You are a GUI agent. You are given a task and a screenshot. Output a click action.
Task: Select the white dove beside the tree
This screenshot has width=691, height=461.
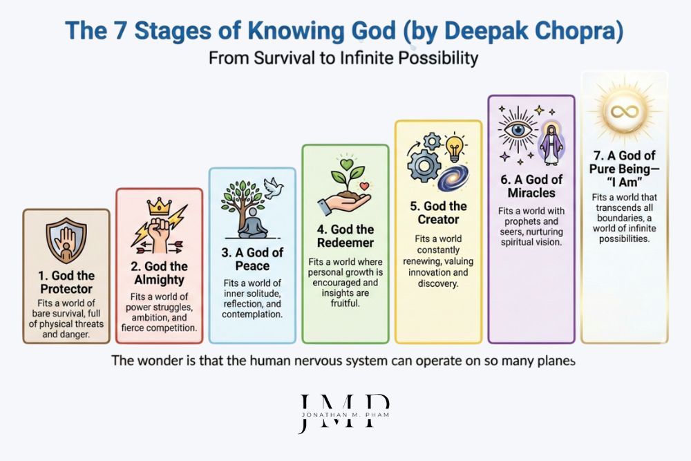(x=275, y=185)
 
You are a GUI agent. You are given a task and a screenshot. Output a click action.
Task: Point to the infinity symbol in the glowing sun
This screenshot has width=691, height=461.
(x=625, y=110)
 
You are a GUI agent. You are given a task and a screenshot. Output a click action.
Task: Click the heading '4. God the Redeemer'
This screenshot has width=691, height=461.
(x=345, y=235)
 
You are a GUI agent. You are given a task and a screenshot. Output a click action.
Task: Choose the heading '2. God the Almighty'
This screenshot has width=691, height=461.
(x=159, y=273)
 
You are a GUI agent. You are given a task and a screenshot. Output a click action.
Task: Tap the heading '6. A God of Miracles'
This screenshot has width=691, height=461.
(x=531, y=186)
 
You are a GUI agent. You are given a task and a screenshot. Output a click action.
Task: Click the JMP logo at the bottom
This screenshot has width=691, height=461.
(x=344, y=413)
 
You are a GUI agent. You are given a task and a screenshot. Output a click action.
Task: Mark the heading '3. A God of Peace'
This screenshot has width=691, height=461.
(x=252, y=259)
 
